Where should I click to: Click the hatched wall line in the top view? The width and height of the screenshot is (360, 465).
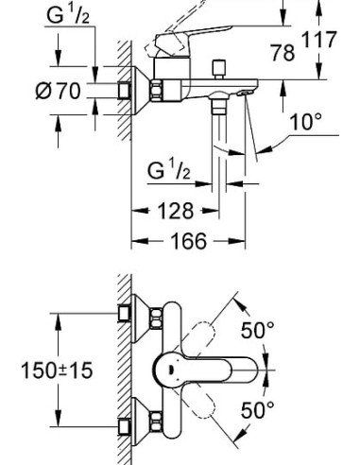tap(115, 369)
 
